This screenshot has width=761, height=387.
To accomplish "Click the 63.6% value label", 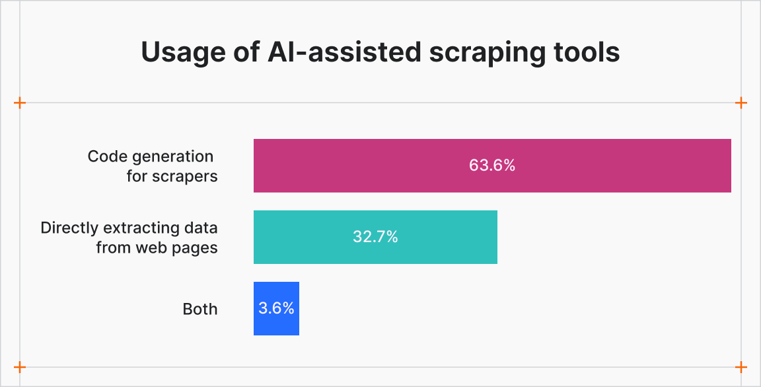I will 491,165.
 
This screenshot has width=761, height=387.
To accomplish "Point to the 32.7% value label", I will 375,237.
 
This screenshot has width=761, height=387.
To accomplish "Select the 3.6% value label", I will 276,308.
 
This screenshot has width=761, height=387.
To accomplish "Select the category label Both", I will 199,309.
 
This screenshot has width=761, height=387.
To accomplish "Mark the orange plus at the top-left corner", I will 20,103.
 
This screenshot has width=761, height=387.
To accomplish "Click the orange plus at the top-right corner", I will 741,103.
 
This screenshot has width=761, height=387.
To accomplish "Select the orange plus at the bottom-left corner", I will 20,367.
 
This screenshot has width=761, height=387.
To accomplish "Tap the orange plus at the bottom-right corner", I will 741,367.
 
